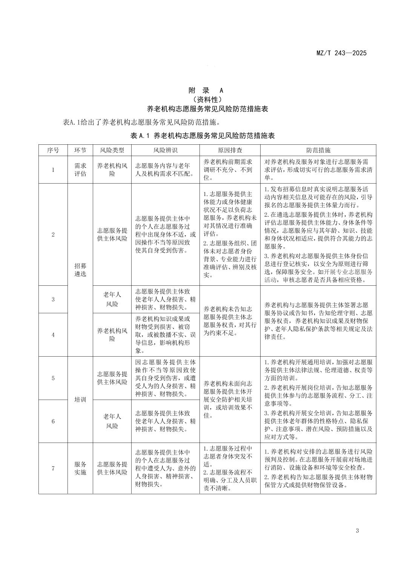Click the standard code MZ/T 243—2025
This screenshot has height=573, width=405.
pyautogui.click(x=341, y=53)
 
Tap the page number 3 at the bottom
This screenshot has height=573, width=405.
pyautogui.click(x=357, y=531)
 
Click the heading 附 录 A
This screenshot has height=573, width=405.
pyautogui.click(x=206, y=90)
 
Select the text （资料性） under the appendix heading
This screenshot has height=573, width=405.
pyautogui.click(x=206, y=100)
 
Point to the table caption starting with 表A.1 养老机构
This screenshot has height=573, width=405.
pyautogui.click(x=202, y=136)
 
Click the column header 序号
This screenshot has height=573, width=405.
pyautogui.click(x=53, y=150)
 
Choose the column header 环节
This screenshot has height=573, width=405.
pyautogui.click(x=80, y=150)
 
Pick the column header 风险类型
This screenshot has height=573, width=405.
pyautogui.click(x=112, y=150)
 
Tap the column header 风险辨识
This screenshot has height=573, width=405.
pyautogui.click(x=165, y=150)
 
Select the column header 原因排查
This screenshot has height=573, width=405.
pyautogui.click(x=230, y=150)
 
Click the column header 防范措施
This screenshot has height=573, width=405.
pyautogui.click(x=318, y=150)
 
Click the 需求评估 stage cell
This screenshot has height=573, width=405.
pyautogui.click(x=80, y=170)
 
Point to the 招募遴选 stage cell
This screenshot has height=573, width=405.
pyautogui.click(x=80, y=270)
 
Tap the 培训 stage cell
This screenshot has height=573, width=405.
pyautogui.click(x=80, y=400)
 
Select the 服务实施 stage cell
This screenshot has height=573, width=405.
pyautogui.click(x=80, y=468)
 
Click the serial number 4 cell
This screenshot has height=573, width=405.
pyautogui.click(x=53, y=335)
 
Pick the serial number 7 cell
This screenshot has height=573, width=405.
pyautogui.click(x=53, y=468)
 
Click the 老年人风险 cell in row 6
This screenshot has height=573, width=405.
pyautogui.click(x=112, y=421)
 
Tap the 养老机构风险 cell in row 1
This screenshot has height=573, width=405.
pyautogui.click(x=112, y=170)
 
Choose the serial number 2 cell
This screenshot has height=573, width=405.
pyautogui.click(x=53, y=234)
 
